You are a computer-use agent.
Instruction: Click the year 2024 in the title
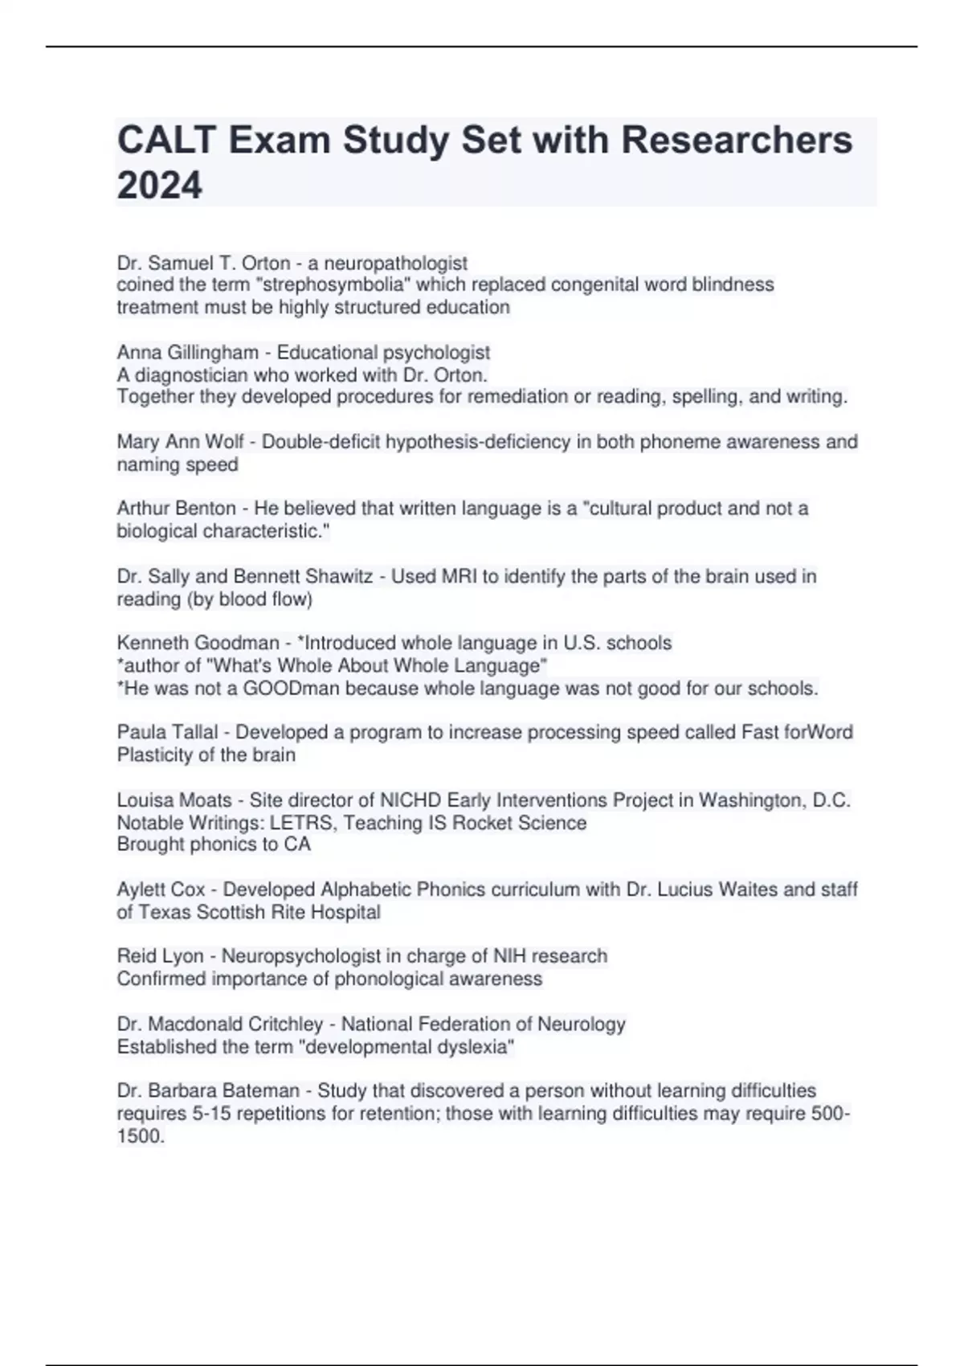pos(160,186)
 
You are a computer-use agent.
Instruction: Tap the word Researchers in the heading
pos(737,140)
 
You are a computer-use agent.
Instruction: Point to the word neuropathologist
pos(395,264)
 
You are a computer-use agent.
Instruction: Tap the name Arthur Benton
pos(177,509)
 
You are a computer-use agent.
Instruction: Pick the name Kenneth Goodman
pos(198,643)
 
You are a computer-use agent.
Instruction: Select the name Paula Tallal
pos(167,732)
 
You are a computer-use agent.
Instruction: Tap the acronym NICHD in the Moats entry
pos(411,800)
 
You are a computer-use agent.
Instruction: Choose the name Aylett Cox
pos(161,890)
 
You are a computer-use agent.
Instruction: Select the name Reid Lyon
pos(160,956)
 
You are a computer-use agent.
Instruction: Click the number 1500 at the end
pos(139,1136)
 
